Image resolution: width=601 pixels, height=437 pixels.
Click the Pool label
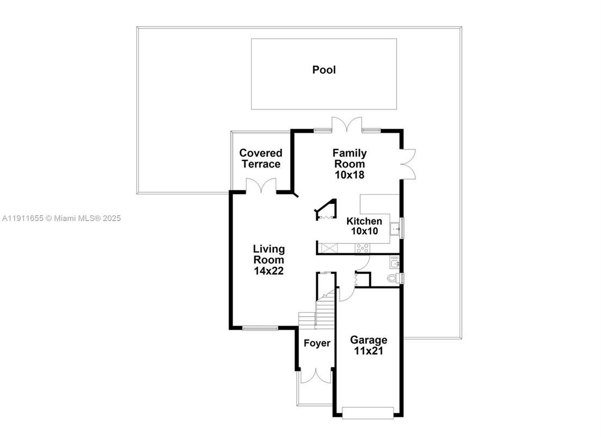[x=324, y=70]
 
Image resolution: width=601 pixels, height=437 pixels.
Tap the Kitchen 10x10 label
[x=364, y=226]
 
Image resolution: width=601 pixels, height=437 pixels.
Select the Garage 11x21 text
[x=368, y=345]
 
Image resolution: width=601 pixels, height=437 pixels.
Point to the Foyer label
[x=317, y=344]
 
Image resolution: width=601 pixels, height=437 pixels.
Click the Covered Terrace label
[x=261, y=159]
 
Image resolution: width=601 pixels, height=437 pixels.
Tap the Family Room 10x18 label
[x=349, y=164]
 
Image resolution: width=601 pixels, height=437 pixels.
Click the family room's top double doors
[x=347, y=124]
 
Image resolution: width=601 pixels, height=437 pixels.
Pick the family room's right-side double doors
[x=408, y=164]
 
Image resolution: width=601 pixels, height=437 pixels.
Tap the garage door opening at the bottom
[x=369, y=413]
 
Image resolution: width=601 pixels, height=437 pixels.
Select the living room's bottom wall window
[x=260, y=328]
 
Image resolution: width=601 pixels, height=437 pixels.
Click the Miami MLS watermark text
[x=61, y=218]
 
